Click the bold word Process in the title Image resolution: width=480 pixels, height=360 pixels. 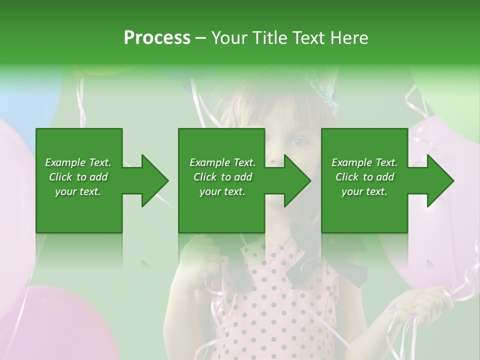click(x=157, y=38)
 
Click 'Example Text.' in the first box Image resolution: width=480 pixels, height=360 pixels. click(x=78, y=162)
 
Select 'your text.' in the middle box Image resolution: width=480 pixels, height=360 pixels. click(x=222, y=191)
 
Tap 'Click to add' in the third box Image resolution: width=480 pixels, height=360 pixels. click(x=364, y=177)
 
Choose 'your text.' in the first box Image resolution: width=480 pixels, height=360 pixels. click(x=78, y=191)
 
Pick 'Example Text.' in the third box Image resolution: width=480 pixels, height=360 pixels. click(x=364, y=162)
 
